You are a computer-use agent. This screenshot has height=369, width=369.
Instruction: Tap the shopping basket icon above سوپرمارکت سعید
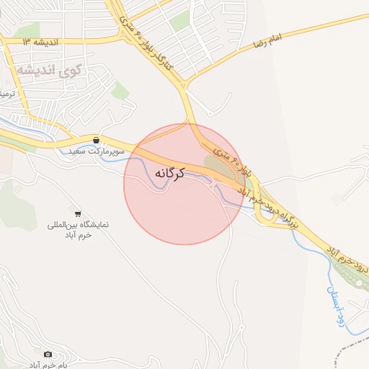click(96, 139)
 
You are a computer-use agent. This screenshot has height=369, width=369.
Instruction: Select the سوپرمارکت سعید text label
click(97, 153)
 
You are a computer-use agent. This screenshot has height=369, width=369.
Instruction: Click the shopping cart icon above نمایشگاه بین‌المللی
click(77, 214)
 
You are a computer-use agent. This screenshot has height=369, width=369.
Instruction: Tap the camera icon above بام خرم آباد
click(48, 354)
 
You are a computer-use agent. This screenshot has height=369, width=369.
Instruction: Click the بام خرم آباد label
click(48, 365)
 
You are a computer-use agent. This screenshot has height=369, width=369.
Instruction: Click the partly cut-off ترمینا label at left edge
click(6, 94)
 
